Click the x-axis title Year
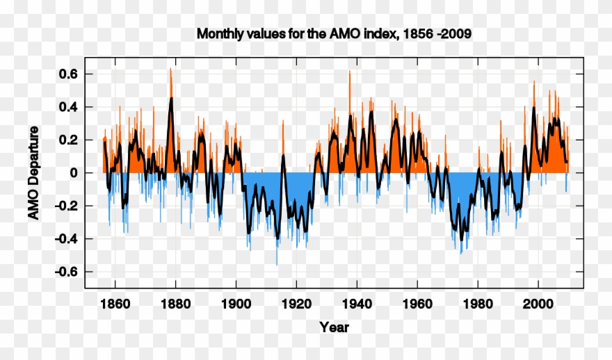(x=334, y=327)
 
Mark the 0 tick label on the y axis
(x=72, y=173)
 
